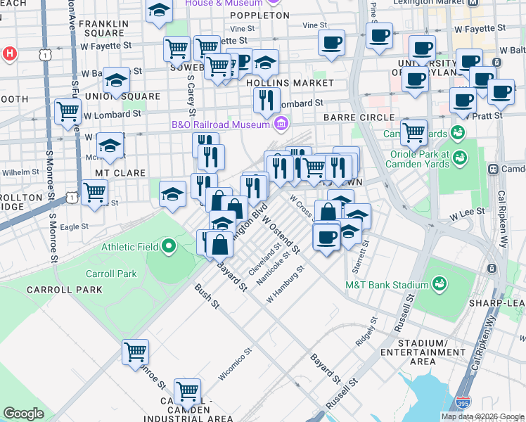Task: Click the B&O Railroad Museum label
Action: (x=221, y=124)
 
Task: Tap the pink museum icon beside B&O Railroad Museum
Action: (x=281, y=124)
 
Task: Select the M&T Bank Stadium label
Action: (x=386, y=285)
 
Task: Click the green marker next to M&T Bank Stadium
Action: (x=440, y=284)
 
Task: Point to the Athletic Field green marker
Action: (x=169, y=247)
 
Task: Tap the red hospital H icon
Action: (x=9, y=53)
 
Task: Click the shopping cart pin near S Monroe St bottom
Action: (x=135, y=352)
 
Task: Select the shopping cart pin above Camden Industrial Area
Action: (x=187, y=390)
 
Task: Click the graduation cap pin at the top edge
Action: (x=159, y=10)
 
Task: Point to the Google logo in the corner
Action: (x=23, y=414)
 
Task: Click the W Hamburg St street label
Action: (x=285, y=285)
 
